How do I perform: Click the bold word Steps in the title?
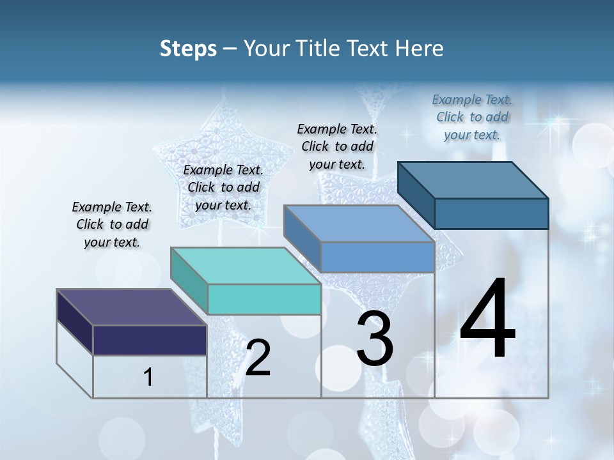[x=188, y=49]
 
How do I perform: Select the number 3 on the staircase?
[x=375, y=338]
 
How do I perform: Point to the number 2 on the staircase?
[x=258, y=358]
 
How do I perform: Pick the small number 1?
[x=148, y=378]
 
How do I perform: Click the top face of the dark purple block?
[x=132, y=307]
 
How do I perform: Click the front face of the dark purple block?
[x=150, y=340]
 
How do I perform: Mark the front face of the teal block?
[x=264, y=299]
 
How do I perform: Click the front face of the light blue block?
[x=377, y=257]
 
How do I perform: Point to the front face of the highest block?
[x=491, y=213]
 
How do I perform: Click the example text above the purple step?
[x=112, y=225]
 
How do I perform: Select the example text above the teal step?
[x=223, y=188]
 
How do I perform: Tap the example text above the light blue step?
[x=337, y=146]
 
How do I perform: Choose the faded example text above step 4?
[x=472, y=117]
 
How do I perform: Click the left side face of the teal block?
[x=189, y=281]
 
